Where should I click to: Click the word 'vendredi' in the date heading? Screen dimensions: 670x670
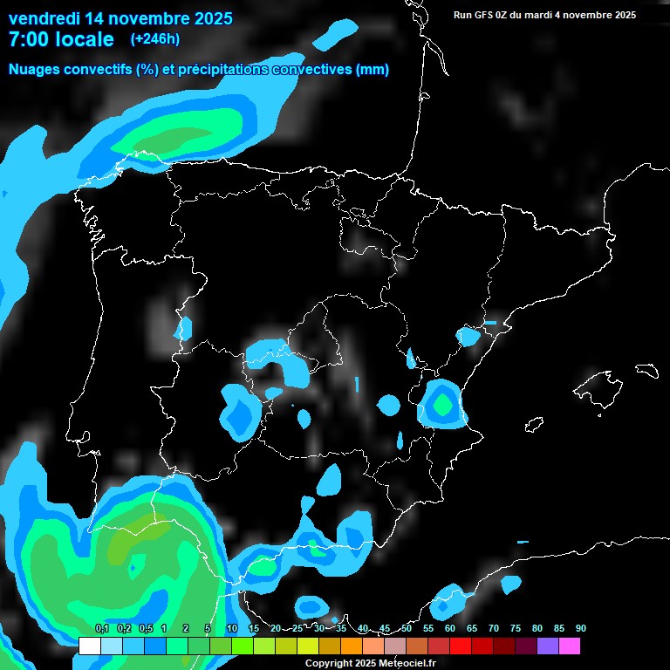click(44, 17)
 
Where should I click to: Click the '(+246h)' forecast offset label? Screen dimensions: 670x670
click(155, 39)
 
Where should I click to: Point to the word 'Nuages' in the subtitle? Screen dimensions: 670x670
click(33, 70)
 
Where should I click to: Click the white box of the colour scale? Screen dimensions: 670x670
click(89, 646)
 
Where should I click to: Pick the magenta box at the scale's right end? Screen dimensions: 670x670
click(570, 646)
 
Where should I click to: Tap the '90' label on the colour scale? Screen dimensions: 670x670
click(581, 629)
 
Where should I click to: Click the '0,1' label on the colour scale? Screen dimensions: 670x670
click(101, 629)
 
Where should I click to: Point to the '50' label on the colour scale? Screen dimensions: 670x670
click(407, 629)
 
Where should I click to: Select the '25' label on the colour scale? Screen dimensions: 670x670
click(297, 629)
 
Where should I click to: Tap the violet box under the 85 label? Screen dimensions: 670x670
click(548, 646)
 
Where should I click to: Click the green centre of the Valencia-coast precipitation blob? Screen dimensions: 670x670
click(442, 404)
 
